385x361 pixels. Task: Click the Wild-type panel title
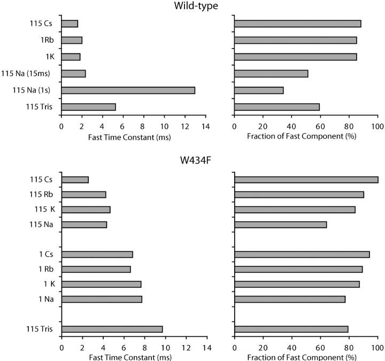tap(192, 7)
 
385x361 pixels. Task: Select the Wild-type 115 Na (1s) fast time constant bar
tap(128, 90)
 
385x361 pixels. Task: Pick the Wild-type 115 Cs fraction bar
tap(297, 24)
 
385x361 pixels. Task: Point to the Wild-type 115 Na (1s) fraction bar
tap(259, 90)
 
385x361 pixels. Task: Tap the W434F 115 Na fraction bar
tap(280, 225)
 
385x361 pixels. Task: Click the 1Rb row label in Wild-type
tap(45, 40)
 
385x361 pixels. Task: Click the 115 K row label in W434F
tap(43, 210)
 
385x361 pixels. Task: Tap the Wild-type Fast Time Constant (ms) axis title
tap(133, 136)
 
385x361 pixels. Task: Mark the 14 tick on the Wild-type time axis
tap(205, 126)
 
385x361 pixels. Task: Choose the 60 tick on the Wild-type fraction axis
tap(320, 126)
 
